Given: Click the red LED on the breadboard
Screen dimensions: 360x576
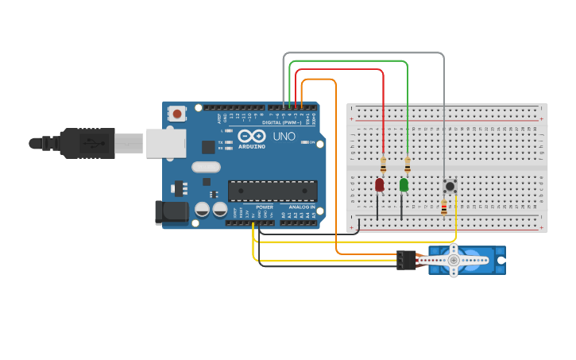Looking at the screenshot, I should pyautogui.click(x=379, y=184).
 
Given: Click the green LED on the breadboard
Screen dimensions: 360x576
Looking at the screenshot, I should pyautogui.click(x=404, y=184).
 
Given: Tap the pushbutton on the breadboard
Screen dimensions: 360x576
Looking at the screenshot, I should pyautogui.click(x=450, y=186).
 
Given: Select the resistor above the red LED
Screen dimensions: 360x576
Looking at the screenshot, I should pyautogui.click(x=383, y=165).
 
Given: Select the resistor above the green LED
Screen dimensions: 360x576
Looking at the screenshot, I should pyautogui.click(x=408, y=165).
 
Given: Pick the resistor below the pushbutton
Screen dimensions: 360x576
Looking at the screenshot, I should pyautogui.click(x=443, y=207).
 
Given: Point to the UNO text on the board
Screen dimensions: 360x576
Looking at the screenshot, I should pyautogui.click(x=284, y=137).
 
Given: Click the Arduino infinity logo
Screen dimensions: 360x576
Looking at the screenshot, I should pyautogui.click(x=252, y=136).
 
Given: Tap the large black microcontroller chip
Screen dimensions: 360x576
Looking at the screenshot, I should pyautogui.click(x=273, y=191).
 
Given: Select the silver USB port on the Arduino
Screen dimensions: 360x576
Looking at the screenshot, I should pyautogui.click(x=166, y=143).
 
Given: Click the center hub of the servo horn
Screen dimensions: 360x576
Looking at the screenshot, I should pyautogui.click(x=454, y=259).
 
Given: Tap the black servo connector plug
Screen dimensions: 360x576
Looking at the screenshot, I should pyautogui.click(x=406, y=260).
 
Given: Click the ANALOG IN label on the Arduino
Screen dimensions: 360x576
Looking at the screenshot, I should pyautogui.click(x=299, y=207).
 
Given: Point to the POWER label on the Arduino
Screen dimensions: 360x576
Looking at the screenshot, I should pyautogui.click(x=265, y=207).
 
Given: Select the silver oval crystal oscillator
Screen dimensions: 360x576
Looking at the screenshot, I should pyautogui.click(x=206, y=167).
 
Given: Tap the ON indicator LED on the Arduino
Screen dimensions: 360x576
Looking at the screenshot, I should pyautogui.click(x=304, y=143).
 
